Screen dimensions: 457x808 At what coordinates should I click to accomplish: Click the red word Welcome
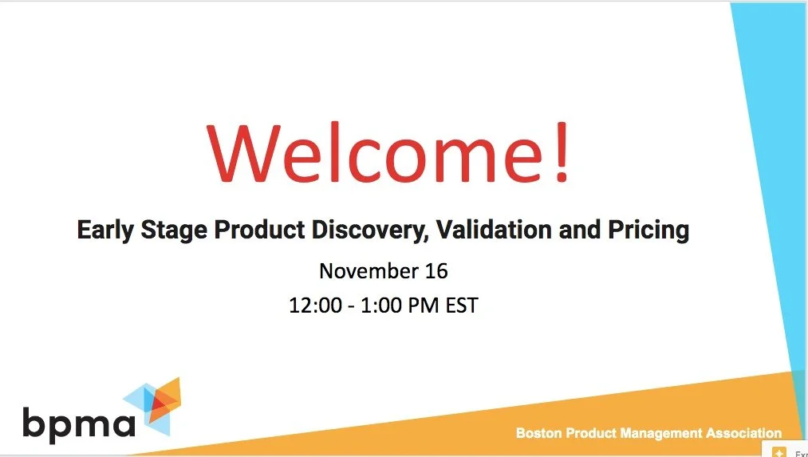[372, 152]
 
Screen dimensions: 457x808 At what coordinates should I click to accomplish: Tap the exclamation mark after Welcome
[561, 152]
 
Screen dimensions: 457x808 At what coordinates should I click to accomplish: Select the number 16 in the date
[436, 271]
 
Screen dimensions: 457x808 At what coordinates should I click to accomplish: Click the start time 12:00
[314, 305]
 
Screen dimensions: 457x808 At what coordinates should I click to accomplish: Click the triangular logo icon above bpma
[153, 406]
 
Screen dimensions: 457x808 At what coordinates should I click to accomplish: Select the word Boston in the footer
[538, 434]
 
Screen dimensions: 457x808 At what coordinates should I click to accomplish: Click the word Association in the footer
[743, 434]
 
